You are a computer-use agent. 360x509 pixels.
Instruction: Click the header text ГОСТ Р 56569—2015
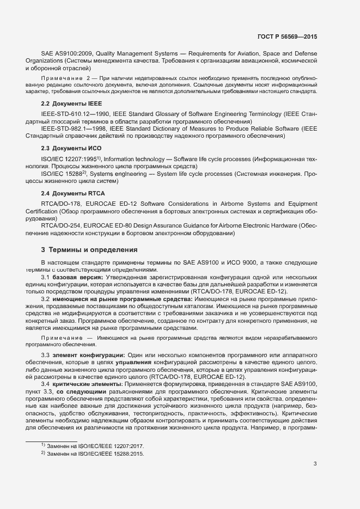(x=287, y=36)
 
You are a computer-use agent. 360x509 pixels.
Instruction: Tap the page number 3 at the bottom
(x=315, y=463)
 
